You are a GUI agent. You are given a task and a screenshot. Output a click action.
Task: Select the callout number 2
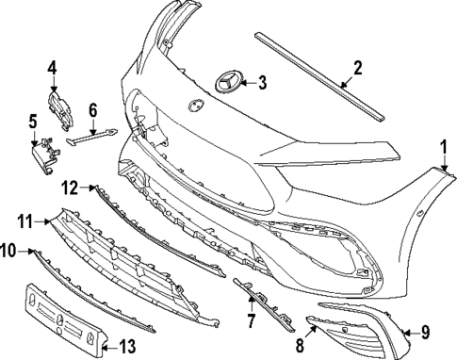coord(357,68)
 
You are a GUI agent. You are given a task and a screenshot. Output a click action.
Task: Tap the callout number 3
coord(262,83)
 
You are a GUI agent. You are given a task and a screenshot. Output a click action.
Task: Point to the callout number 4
coord(53,68)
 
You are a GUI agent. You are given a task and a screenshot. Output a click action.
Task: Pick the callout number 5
coord(32,122)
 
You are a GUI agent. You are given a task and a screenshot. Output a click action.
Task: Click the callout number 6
coord(93,110)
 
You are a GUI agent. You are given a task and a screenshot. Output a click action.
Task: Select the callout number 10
coord(8,251)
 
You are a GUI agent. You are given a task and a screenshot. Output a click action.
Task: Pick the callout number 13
coord(126,346)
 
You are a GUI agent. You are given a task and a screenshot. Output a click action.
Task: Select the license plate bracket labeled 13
coord(67,319)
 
